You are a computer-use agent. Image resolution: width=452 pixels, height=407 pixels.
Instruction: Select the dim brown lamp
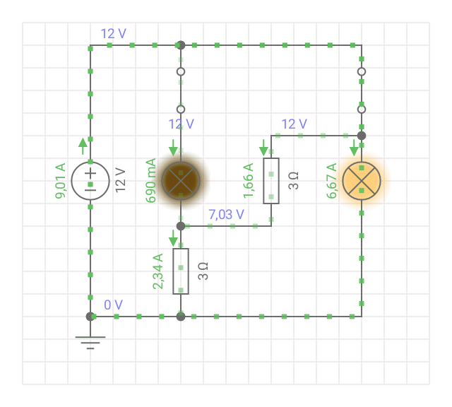pos(181,181)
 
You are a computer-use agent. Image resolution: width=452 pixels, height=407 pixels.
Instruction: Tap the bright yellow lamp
pos(362,181)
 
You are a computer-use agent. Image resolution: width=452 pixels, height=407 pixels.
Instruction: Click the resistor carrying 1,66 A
pos(271,181)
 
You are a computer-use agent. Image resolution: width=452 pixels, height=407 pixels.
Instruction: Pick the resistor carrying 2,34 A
pos(181,271)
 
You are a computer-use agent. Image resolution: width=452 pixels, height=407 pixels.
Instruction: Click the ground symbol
pos(90,343)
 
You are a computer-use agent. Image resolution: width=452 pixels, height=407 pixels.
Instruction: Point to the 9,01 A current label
pos(61,181)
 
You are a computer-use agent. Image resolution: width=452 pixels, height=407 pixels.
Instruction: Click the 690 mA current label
pos(150,181)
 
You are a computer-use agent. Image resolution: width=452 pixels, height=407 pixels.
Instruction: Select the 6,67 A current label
pos(331,181)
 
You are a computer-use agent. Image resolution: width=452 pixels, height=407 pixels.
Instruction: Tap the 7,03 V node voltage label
pos(226,214)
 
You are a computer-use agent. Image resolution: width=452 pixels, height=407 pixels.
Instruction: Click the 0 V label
pos(113,305)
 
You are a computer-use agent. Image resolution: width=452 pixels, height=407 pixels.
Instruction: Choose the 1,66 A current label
pos(248,181)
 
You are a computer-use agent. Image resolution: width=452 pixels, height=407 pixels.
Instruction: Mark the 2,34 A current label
pos(158,271)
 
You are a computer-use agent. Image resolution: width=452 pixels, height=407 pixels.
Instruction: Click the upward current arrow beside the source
pos(83,146)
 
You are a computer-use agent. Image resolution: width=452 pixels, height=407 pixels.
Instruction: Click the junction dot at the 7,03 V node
pos(181,226)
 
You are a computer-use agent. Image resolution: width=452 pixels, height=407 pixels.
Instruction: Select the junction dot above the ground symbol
pos(90,317)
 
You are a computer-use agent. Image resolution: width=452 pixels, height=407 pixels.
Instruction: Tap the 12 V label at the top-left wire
pos(113,34)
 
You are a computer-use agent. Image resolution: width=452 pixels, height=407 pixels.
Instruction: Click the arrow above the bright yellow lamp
pos(354,148)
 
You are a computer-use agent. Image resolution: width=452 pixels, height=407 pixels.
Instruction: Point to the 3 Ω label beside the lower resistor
pos(203,271)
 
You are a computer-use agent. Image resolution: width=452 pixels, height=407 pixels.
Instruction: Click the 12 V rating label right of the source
pos(121,180)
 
